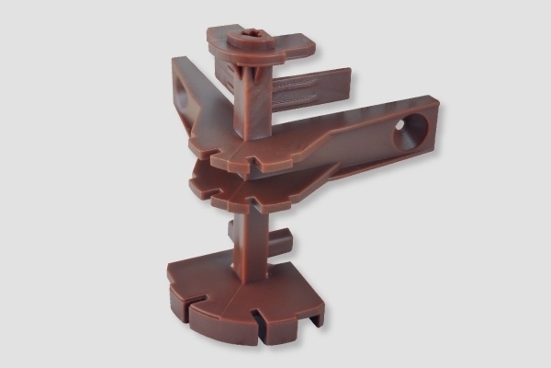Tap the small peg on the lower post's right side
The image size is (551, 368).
pyautogui.click(x=282, y=242)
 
